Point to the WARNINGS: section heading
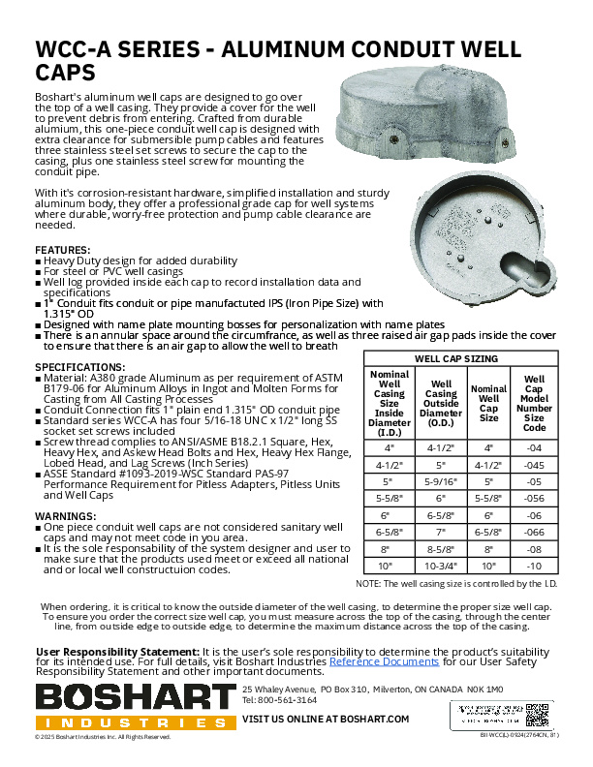(66, 516)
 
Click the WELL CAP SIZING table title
(456, 358)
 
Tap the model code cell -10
(534, 566)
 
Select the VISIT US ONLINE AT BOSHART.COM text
(325, 719)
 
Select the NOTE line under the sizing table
(455, 585)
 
